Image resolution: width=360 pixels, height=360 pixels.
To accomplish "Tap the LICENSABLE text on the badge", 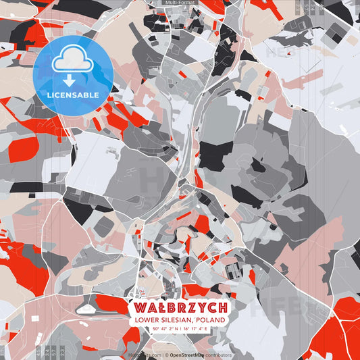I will click(x=73, y=95).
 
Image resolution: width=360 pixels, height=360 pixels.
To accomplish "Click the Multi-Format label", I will click(x=179, y=3).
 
